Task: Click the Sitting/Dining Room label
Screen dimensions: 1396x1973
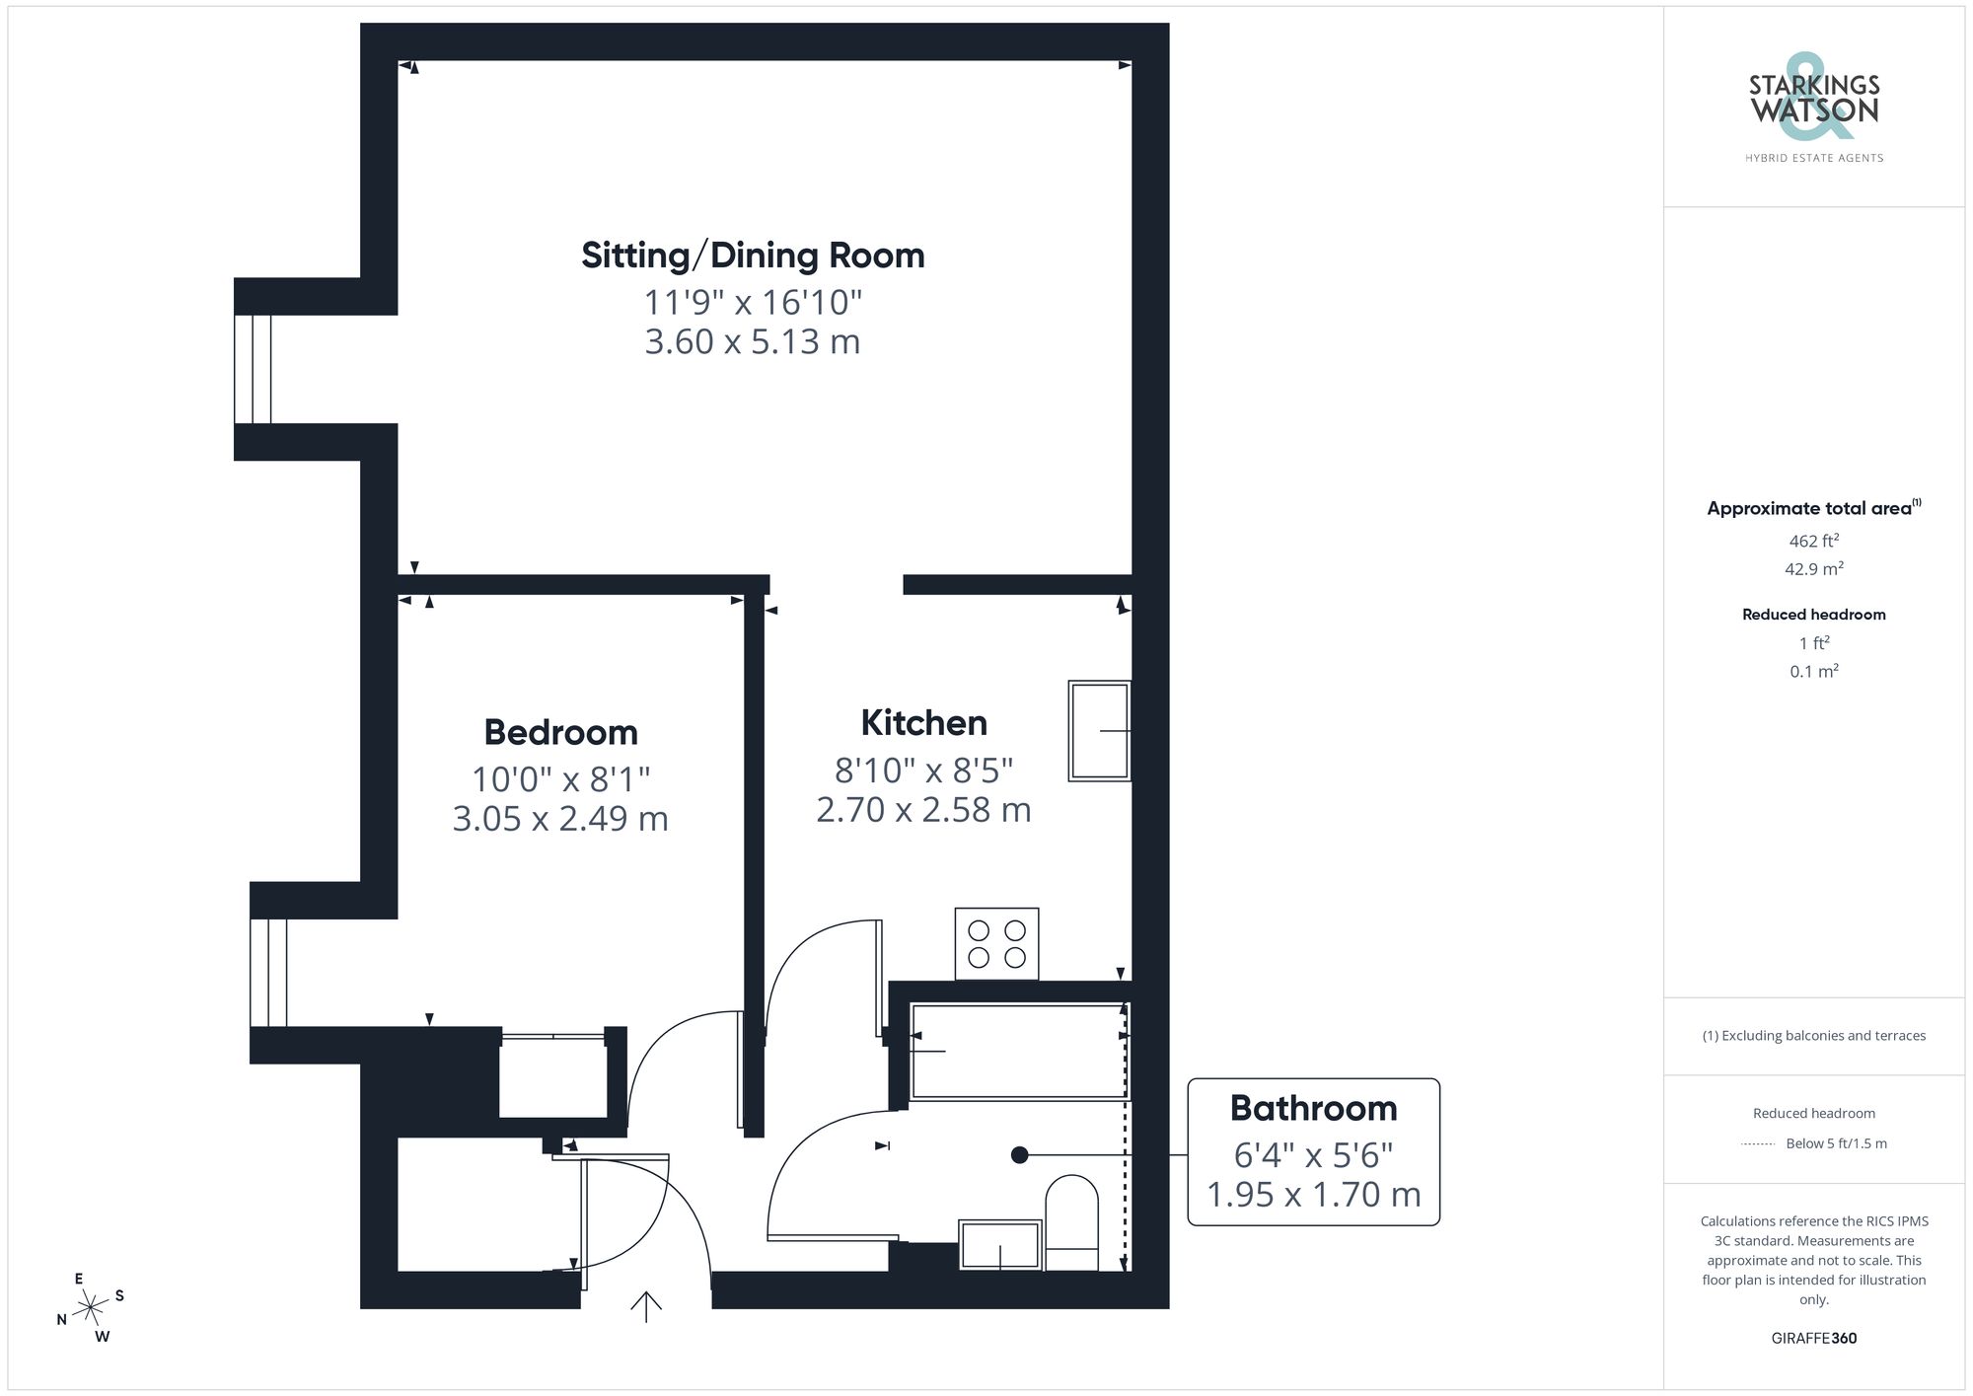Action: [753, 256]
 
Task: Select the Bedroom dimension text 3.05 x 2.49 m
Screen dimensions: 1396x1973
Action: [560, 819]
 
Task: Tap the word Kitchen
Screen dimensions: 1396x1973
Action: [923, 723]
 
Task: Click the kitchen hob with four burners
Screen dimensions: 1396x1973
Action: [996, 944]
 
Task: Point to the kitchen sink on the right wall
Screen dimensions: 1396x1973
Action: [1099, 731]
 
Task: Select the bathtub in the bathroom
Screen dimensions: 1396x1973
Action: [1018, 1052]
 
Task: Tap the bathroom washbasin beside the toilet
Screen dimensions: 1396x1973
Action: [1000, 1245]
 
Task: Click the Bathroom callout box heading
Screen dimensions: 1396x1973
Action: [1313, 1109]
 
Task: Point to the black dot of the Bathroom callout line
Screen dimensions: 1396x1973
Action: [1020, 1155]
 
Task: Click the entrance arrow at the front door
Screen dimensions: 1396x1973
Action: [646, 1306]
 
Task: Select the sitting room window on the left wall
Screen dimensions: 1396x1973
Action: [253, 369]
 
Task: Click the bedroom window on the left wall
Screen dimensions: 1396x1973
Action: [268, 973]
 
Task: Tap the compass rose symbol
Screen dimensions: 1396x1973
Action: [91, 1308]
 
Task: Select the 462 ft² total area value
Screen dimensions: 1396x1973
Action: [1813, 542]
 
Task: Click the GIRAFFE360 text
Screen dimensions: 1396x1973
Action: [1813, 1339]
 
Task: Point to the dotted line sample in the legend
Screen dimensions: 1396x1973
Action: [1758, 1144]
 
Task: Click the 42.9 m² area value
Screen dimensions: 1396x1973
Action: [1813, 569]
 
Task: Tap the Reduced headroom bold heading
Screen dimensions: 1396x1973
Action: [1813, 615]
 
